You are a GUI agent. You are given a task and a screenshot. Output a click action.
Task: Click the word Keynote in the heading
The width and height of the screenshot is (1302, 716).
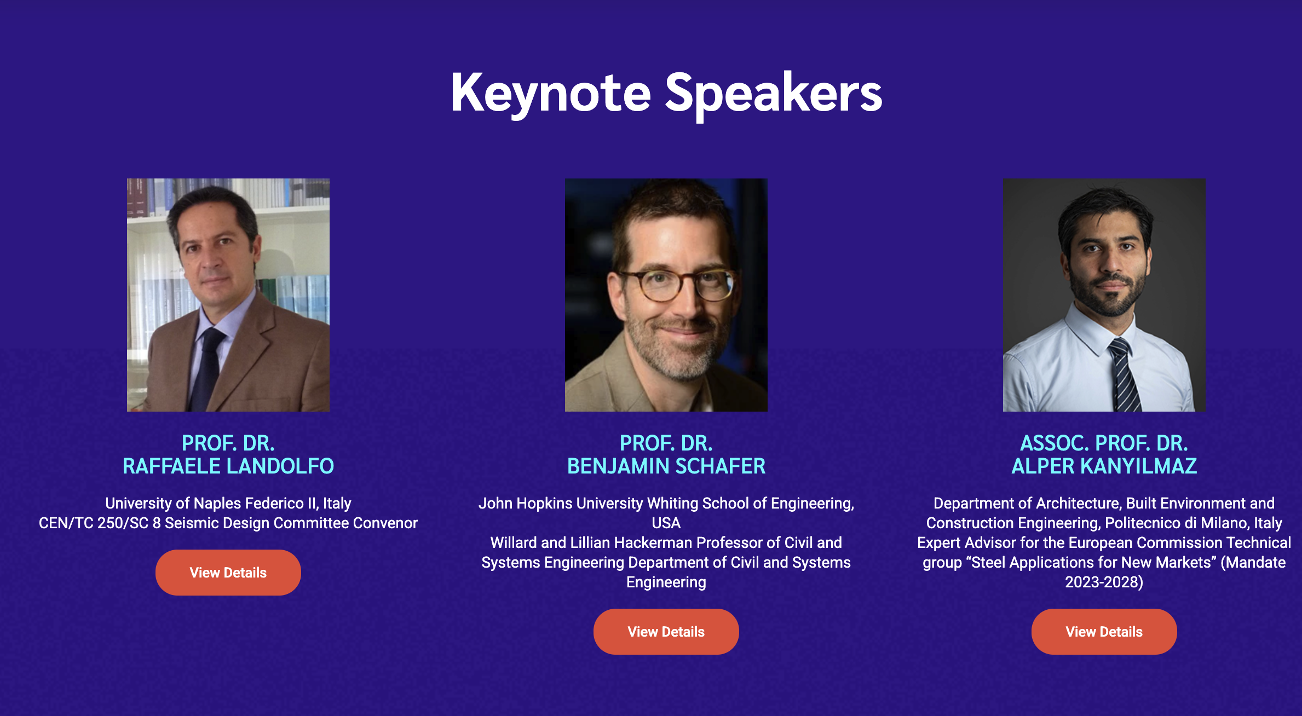coord(550,93)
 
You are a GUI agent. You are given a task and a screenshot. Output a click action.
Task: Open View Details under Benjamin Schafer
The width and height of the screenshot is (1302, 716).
coord(666,632)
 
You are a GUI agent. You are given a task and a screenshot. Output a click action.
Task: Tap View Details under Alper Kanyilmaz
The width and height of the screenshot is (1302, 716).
coord(1104,632)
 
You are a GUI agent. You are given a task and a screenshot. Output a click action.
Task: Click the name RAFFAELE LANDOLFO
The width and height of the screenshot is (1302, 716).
coord(228,466)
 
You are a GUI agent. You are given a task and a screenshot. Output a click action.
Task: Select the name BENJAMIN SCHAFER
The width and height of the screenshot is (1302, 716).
coord(666,466)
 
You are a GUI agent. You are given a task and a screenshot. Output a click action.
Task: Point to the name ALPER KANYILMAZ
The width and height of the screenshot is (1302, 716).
coord(1104,466)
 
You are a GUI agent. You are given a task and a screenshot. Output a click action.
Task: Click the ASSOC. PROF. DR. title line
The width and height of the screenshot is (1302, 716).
coord(1104,443)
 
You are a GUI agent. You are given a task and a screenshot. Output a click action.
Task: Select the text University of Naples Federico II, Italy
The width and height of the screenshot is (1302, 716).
coord(228,503)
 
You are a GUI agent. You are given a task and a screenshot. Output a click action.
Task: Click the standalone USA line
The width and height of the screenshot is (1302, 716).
coord(666,523)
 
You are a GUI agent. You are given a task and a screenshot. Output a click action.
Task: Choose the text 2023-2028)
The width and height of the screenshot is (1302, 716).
coord(1104,582)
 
